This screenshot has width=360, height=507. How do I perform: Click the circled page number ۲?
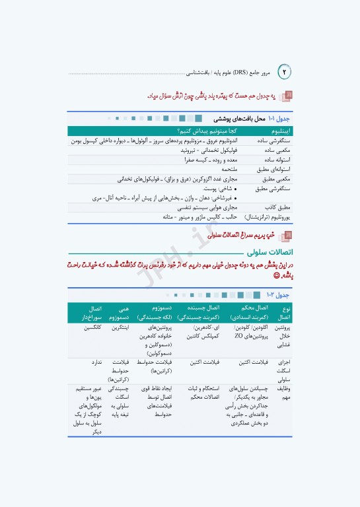click(286, 71)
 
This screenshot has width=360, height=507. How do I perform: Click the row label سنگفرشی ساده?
click(276, 141)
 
